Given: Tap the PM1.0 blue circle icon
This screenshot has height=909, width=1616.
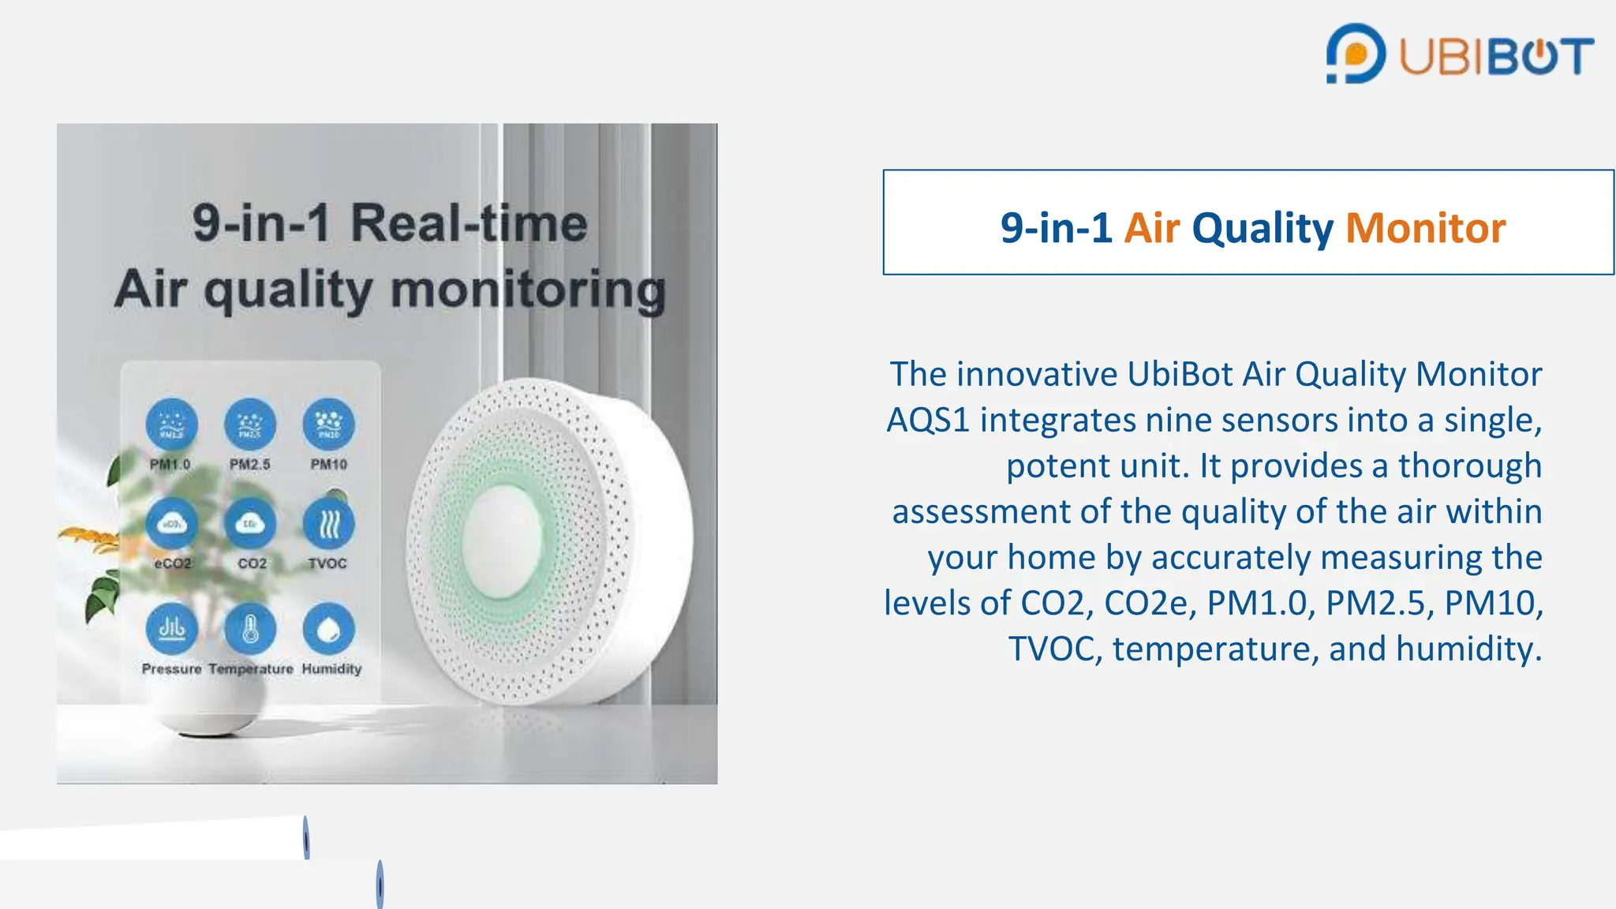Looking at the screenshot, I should click(172, 425).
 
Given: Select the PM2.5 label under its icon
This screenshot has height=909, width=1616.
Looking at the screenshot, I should click(250, 465).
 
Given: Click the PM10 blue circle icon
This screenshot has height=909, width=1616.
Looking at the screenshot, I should click(329, 425).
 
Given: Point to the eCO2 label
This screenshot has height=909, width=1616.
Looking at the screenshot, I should click(173, 563).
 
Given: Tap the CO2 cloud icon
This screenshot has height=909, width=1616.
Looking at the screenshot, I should click(250, 524).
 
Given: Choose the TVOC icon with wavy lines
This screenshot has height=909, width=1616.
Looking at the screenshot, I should click(329, 524).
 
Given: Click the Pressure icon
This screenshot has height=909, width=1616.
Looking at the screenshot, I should click(172, 629).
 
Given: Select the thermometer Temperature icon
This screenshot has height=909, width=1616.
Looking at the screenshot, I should click(250, 629).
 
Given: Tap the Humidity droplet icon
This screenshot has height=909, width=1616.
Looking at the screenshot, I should click(329, 629).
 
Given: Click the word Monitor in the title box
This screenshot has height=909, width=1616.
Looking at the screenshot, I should click(1425, 228).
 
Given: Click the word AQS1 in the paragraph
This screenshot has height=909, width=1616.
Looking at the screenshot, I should click(927, 420).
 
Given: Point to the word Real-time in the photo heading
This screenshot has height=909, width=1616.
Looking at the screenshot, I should click(469, 223).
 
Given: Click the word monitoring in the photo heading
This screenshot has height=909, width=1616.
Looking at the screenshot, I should click(528, 290).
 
